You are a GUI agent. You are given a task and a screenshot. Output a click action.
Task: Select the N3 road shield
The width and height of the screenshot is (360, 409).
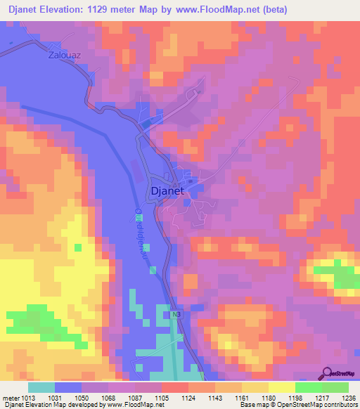click(x=175, y=315)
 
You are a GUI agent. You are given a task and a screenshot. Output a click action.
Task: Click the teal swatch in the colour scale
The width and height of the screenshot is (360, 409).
click(x=41, y=387)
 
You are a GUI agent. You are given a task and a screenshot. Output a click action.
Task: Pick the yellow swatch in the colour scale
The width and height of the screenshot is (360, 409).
click(x=281, y=387)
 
